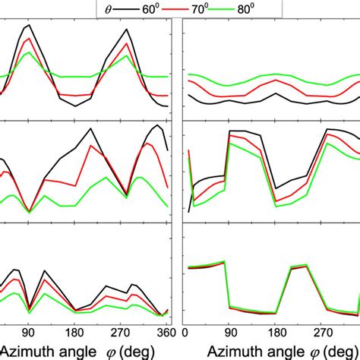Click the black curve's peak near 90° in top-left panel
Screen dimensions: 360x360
coord(29,26)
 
